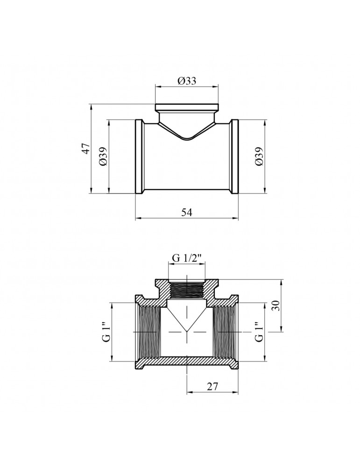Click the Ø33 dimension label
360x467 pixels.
[x=187, y=81]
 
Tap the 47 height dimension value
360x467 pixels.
[x=86, y=149]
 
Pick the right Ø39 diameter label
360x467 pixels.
[x=259, y=156]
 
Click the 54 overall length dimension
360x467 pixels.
[x=187, y=212]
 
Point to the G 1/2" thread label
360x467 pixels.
[x=187, y=258]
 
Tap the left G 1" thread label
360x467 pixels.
[x=106, y=332]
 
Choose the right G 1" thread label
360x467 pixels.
[x=259, y=332]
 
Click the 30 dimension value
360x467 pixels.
[x=276, y=306]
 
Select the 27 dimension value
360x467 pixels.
[x=212, y=387]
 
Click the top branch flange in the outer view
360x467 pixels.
[x=187, y=107]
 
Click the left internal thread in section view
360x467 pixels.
[x=150, y=332]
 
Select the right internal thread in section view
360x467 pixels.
[x=224, y=332]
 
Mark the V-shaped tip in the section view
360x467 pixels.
[x=187, y=331]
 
